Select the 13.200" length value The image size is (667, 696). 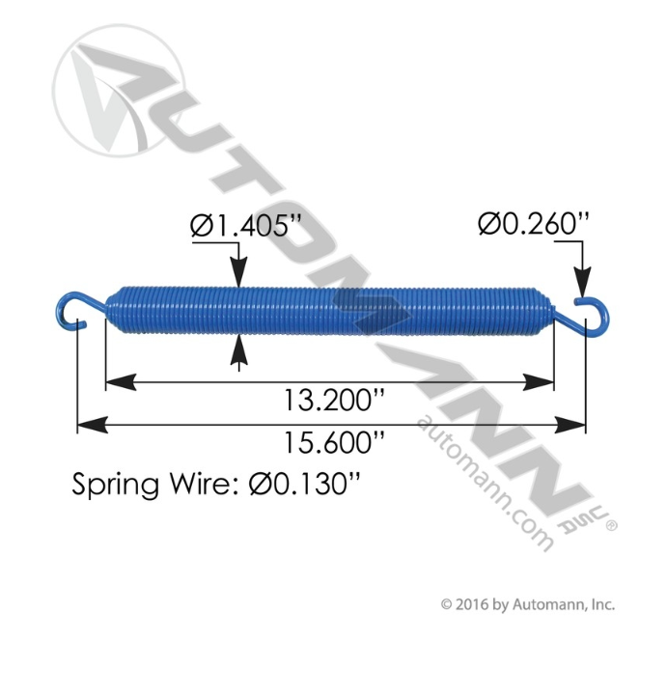[329, 399]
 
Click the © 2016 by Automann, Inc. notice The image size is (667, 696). [527, 605]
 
